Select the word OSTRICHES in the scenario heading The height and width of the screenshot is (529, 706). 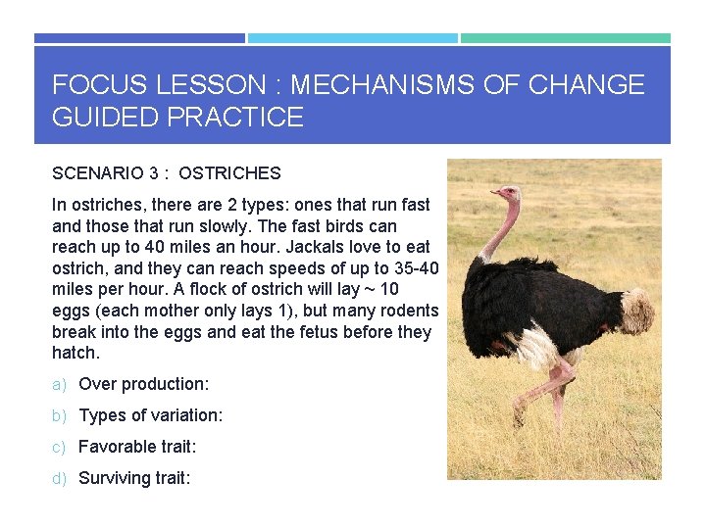[230, 173]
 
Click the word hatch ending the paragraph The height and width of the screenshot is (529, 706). [74, 353]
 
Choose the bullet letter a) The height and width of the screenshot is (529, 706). [59, 384]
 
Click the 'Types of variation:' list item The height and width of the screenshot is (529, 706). [150, 415]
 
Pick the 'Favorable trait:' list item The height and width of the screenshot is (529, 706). [137, 447]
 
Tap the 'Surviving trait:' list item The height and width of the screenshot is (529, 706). [134, 478]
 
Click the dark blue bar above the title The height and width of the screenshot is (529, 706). [139, 38]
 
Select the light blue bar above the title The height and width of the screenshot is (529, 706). [352, 38]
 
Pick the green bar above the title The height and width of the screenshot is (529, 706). [566, 38]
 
